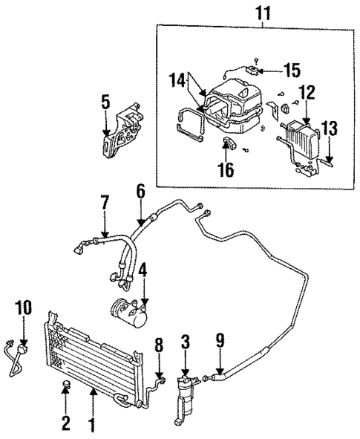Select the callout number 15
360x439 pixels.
click(x=292, y=71)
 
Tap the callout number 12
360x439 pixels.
click(x=307, y=93)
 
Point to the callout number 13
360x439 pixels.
click(x=330, y=128)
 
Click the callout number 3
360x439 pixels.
click(x=186, y=343)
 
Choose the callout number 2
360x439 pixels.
click(x=65, y=423)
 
